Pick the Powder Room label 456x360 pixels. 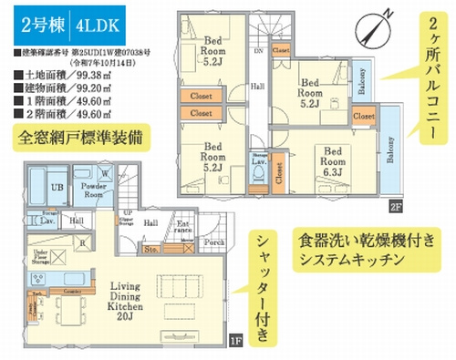coord(94,190)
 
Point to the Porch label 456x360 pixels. coord(213,243)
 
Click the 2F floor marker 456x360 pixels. coord(395,205)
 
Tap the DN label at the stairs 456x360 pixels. coord(258,52)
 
